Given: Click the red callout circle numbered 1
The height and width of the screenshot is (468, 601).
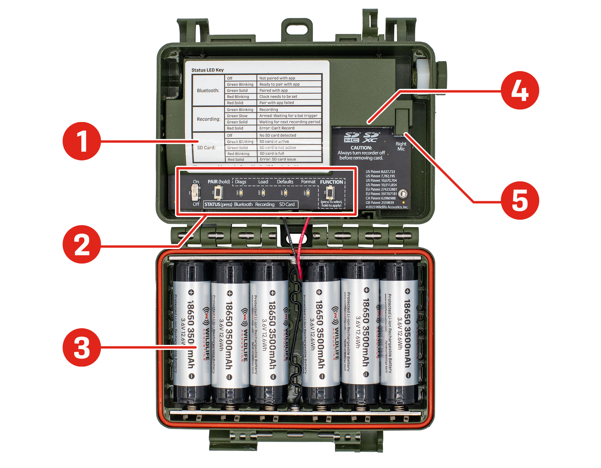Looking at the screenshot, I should click(x=82, y=141).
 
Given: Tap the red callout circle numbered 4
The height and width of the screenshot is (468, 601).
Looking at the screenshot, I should click(x=519, y=90).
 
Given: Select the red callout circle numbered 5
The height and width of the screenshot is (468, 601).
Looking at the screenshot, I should click(x=519, y=200).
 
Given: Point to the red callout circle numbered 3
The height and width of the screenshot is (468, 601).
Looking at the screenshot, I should click(x=82, y=347).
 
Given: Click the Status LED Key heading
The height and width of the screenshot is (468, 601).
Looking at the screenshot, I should click(x=207, y=70).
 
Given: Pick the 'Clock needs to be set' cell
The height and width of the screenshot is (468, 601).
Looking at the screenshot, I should click(x=278, y=97).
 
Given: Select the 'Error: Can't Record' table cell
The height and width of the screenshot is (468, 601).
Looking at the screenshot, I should click(x=277, y=128).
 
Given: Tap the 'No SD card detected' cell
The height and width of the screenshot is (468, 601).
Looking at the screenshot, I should click(x=278, y=135).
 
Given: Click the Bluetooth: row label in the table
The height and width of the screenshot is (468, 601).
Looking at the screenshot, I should click(x=208, y=91).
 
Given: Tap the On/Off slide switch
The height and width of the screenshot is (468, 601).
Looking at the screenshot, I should click(x=196, y=193).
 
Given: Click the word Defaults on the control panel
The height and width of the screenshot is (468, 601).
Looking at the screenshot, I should click(x=285, y=182).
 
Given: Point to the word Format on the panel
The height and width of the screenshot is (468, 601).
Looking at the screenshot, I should click(x=308, y=182).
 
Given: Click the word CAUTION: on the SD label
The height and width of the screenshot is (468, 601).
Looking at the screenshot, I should click(x=361, y=148).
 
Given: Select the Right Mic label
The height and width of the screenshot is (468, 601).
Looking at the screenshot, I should click(x=401, y=146).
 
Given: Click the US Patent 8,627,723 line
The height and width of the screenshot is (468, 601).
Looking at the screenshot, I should click(x=380, y=172).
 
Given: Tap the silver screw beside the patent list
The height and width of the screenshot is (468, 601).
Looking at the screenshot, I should click(x=403, y=193).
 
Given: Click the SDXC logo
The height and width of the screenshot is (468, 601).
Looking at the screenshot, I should click(x=371, y=138).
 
